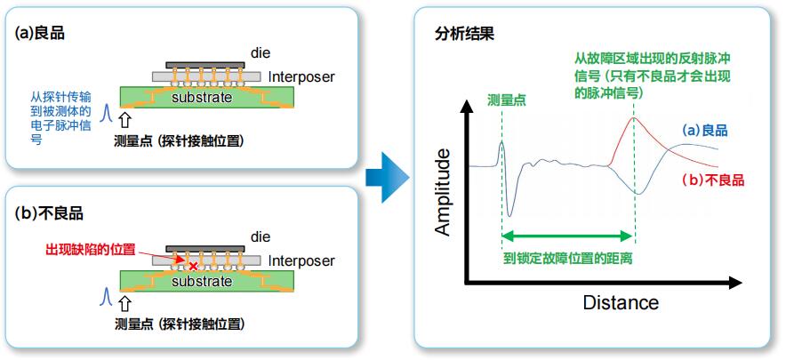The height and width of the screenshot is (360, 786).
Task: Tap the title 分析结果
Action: [464, 35]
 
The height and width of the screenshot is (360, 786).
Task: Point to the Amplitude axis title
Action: [442, 192]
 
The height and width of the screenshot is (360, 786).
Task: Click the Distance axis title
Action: [621, 303]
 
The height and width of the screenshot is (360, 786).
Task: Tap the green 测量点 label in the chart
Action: [506, 100]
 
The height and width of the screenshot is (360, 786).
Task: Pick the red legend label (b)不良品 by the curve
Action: [713, 180]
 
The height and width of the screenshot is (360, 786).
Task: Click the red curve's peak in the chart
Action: [633, 118]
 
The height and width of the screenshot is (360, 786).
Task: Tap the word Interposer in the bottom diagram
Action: [301, 260]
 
